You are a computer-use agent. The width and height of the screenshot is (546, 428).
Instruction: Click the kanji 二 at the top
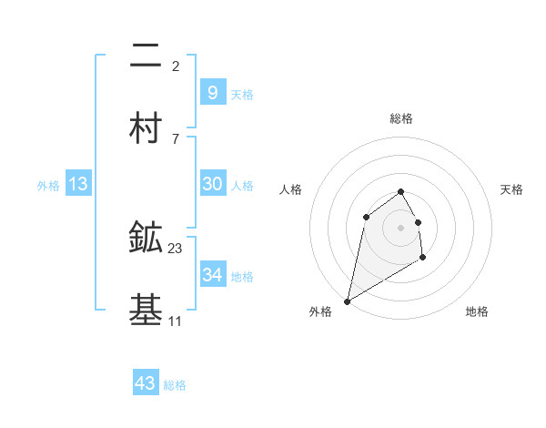tap(146, 56)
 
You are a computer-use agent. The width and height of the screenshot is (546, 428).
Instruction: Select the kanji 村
tap(146, 129)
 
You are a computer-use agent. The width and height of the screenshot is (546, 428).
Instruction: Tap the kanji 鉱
tap(146, 239)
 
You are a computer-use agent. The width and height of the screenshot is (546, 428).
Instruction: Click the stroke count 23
tap(176, 248)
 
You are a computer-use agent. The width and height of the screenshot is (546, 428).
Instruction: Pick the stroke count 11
tap(176, 321)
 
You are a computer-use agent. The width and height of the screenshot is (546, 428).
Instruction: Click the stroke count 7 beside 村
tap(176, 138)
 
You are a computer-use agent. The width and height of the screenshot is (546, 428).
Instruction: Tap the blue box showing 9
tap(212, 92)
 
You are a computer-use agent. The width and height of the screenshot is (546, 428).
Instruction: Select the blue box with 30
tap(212, 184)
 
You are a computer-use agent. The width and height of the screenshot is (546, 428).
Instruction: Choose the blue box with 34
tap(212, 275)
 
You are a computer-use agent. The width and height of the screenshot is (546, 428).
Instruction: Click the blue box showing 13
tap(77, 184)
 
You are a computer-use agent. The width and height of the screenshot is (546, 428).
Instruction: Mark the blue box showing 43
tap(145, 383)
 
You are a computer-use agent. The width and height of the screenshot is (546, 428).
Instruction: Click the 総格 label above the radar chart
tap(400, 118)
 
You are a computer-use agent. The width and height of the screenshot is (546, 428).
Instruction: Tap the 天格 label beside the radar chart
tap(511, 189)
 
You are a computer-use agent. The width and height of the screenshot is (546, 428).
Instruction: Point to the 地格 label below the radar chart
tap(477, 311)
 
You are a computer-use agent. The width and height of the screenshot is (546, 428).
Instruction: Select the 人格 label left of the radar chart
tap(290, 189)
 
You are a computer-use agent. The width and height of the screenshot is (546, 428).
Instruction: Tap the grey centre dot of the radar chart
tap(400, 227)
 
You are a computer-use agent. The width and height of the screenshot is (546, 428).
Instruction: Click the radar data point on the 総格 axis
tap(400, 191)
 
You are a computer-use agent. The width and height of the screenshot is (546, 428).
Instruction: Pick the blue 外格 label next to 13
tap(48, 185)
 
